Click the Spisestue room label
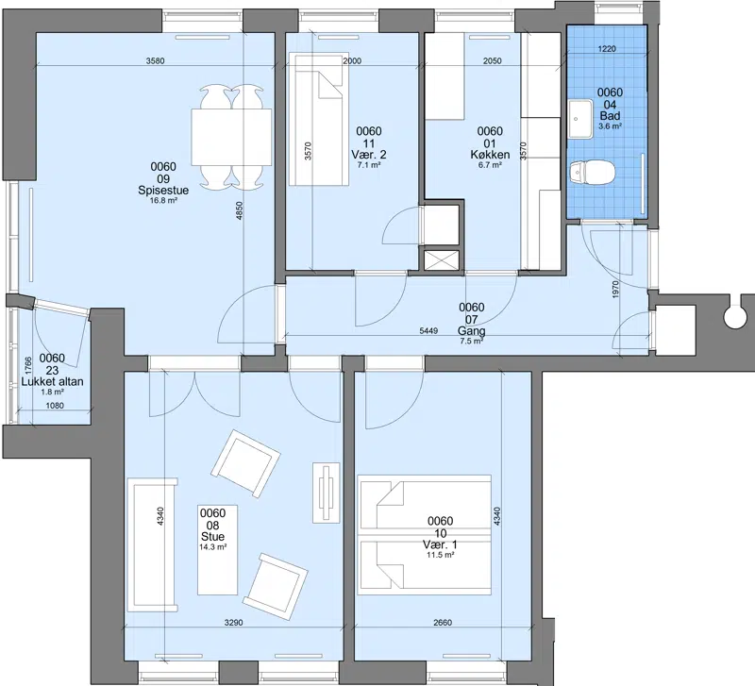coord(163,191)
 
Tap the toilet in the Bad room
coord(592,173)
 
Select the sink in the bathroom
coord(581,119)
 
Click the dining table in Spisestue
coord(231,138)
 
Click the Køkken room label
coord(490,155)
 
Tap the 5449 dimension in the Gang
coord(428,330)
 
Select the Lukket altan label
coord(52,382)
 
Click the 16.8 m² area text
coord(163,201)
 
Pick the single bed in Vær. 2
coord(319,120)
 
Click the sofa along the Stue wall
coord(152,544)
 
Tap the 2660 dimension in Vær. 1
coord(443,623)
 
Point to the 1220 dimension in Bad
coord(607,49)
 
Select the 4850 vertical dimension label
coord(240,210)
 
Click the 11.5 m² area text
coord(440,555)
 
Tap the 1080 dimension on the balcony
coord(55,406)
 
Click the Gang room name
coord(471,331)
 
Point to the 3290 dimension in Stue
coord(233,623)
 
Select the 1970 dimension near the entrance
coord(616,290)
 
